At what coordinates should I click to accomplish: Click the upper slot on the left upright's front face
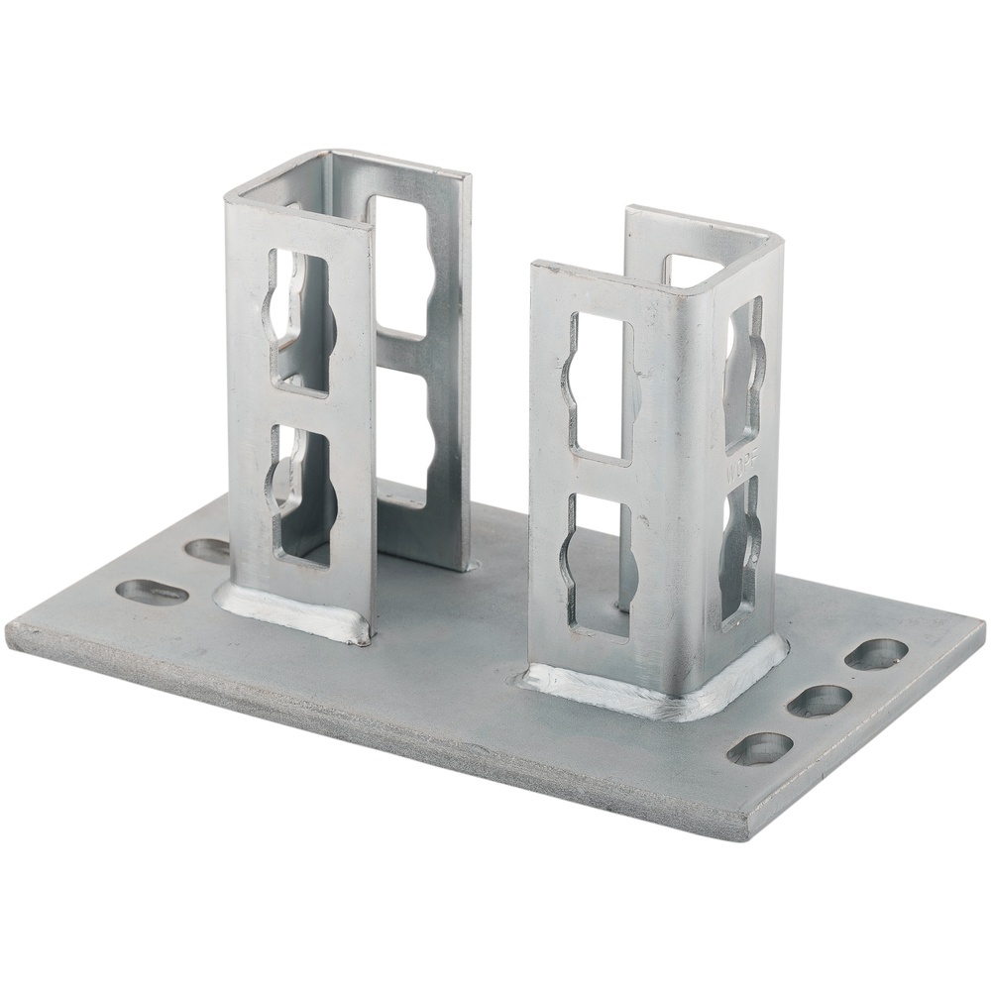301,322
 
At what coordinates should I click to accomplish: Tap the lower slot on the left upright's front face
302,495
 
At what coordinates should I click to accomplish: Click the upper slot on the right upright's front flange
599,386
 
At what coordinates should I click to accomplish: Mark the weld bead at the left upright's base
287,614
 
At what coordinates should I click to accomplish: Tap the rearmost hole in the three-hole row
876,653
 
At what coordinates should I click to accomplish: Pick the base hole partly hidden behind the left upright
208,550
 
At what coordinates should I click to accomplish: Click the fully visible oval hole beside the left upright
153,592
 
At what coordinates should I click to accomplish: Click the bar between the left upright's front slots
302,408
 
